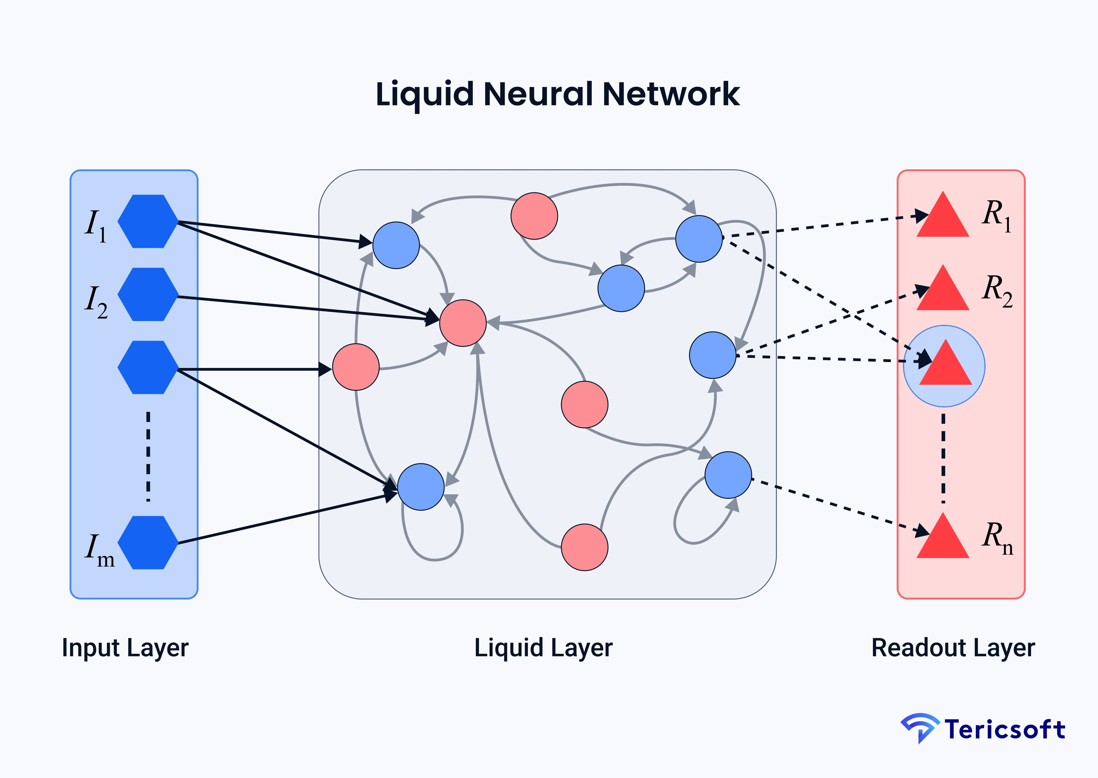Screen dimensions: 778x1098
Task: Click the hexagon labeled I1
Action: point(148,221)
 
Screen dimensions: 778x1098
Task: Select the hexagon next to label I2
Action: point(148,294)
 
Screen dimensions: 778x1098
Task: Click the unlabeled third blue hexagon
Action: point(148,367)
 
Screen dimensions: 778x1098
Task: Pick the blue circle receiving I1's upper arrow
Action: point(396,245)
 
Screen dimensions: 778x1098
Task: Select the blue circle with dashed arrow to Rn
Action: point(728,475)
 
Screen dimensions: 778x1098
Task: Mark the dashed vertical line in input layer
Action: point(148,456)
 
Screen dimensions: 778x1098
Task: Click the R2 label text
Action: point(997,290)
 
